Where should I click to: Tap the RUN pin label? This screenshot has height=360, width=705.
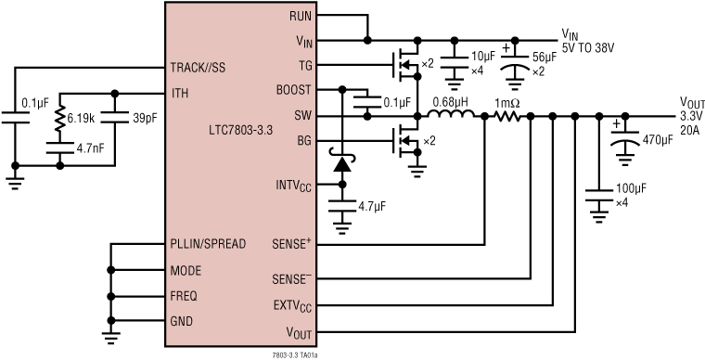click(x=301, y=16)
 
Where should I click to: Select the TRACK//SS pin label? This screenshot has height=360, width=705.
click(x=199, y=68)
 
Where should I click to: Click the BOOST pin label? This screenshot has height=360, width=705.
click(x=294, y=90)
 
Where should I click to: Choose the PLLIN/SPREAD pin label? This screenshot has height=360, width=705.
click(x=208, y=245)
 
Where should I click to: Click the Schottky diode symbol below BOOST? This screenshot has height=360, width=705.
click(x=343, y=164)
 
